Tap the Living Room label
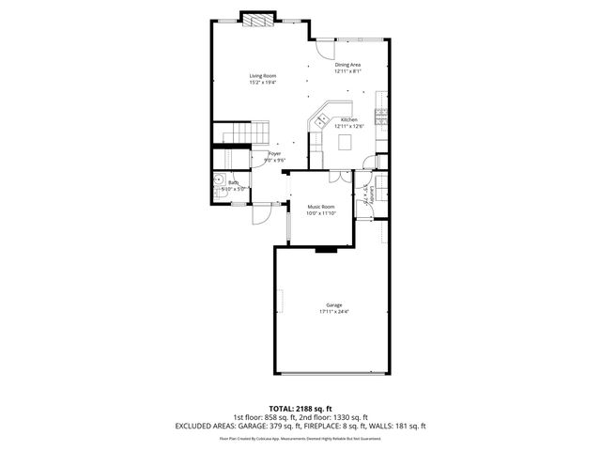point(262,75)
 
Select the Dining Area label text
point(348,65)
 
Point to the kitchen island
point(345,142)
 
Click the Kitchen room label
point(348,120)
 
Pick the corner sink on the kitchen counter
point(321,119)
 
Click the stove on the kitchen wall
point(381,117)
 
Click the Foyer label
point(274,153)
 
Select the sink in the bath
point(219,180)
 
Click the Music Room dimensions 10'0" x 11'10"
point(320,213)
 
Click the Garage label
point(333,305)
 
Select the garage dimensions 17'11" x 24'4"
point(333,313)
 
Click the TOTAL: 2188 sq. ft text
point(300,409)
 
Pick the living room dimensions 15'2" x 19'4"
point(262,83)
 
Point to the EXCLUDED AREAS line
point(300,426)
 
